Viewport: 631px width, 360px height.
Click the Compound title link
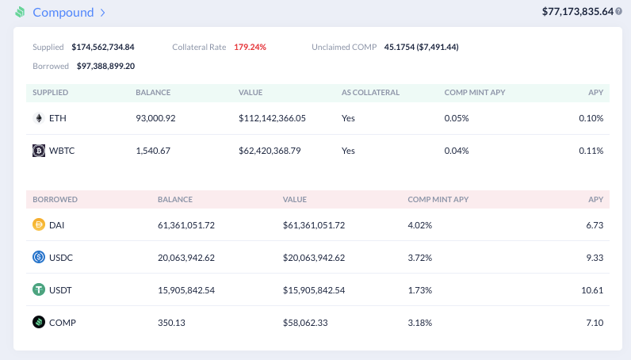click(63, 13)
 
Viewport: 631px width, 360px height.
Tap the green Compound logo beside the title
click(20, 13)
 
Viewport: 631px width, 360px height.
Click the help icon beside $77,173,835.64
click(618, 12)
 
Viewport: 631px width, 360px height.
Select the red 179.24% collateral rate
click(250, 47)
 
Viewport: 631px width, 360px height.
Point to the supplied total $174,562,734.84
click(103, 47)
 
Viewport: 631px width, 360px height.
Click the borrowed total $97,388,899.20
click(106, 66)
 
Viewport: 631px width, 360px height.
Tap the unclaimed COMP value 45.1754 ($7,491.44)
click(422, 47)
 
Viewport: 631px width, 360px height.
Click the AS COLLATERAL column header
click(370, 93)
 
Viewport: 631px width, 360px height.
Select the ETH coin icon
click(39, 118)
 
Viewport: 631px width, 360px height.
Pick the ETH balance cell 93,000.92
click(155, 118)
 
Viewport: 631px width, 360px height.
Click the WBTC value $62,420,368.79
click(270, 151)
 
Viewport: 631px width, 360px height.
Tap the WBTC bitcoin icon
click(39, 151)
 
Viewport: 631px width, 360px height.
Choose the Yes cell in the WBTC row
click(348, 151)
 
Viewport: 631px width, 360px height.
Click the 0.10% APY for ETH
click(591, 118)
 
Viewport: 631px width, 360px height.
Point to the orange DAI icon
click(39, 224)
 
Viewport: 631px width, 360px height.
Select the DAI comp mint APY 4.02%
click(419, 225)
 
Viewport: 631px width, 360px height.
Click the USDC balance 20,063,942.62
click(186, 258)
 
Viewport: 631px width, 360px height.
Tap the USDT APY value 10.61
click(592, 290)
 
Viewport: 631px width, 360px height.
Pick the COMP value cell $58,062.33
click(305, 323)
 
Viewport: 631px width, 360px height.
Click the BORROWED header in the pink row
click(55, 200)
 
